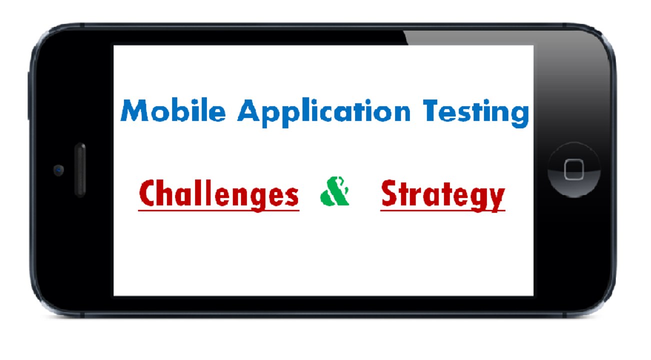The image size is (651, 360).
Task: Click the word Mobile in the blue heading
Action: point(172,111)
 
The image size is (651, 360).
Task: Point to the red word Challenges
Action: point(218,194)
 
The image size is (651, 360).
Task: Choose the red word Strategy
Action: point(442,194)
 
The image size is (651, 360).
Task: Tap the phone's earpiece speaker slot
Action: point(79,170)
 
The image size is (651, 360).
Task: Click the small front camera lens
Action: point(58,170)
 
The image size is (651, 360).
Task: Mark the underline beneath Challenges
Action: point(218,210)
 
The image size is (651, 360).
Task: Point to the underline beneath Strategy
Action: point(442,210)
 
